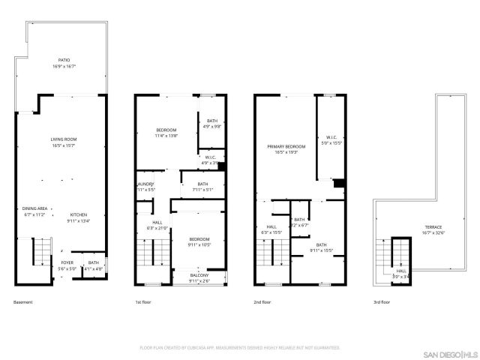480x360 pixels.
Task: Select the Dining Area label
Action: (x=34, y=211)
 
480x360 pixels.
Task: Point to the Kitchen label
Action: (x=79, y=217)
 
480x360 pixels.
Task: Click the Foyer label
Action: (x=67, y=265)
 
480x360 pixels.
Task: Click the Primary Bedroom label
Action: (x=286, y=148)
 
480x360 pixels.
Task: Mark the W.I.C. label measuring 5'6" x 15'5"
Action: (x=331, y=139)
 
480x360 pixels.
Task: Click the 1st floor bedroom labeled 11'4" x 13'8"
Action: (x=166, y=133)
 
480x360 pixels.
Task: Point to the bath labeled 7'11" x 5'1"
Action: (x=202, y=187)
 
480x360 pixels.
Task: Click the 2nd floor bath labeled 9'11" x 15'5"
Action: (x=321, y=247)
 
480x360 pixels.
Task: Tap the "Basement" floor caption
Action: (x=22, y=302)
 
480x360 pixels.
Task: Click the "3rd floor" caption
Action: (x=382, y=302)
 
